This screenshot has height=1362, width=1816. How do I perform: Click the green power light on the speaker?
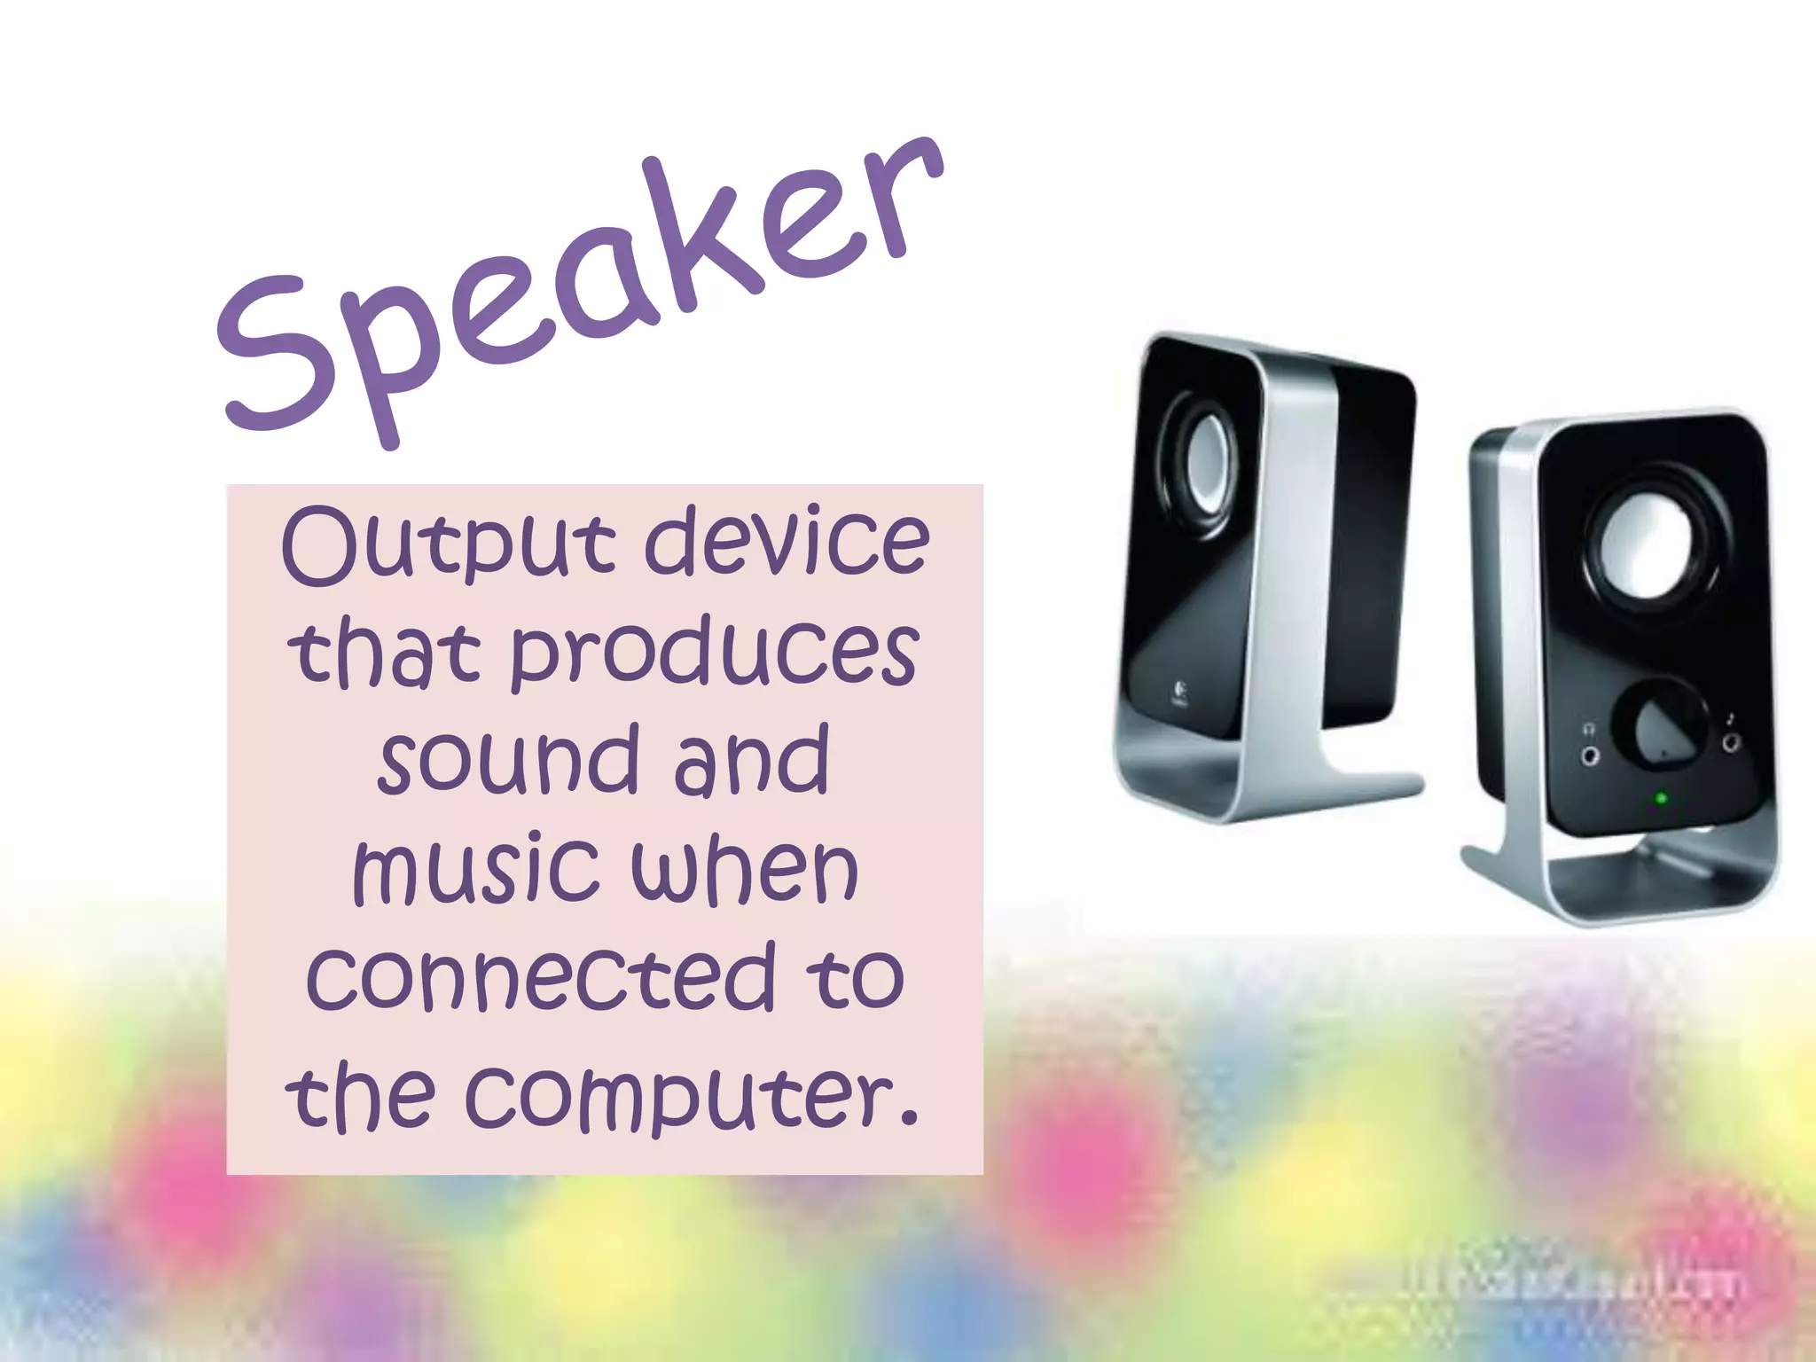tap(1661, 798)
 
